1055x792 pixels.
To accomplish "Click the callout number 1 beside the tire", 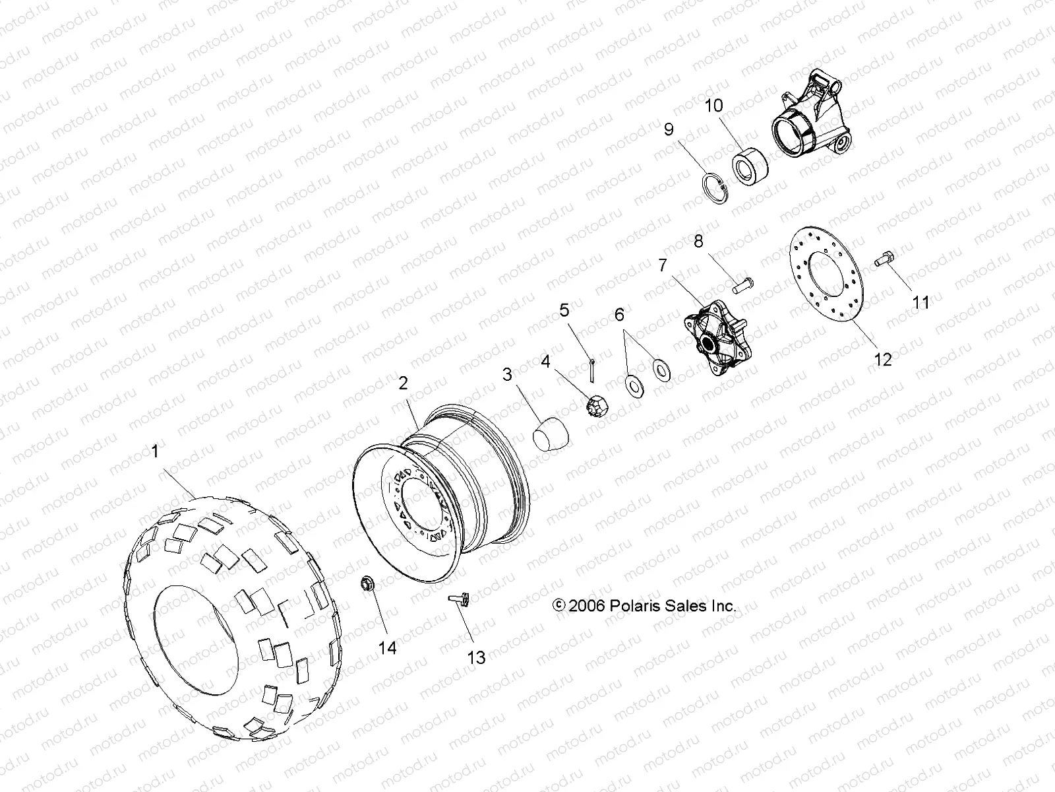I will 155,452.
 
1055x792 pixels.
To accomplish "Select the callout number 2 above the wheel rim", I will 404,383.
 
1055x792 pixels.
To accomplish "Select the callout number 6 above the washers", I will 619,315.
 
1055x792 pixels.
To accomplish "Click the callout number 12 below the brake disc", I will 883,359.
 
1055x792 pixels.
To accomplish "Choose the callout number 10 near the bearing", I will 713,106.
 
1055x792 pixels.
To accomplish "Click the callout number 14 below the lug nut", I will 388,647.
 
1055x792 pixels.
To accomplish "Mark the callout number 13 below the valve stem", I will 476,657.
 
